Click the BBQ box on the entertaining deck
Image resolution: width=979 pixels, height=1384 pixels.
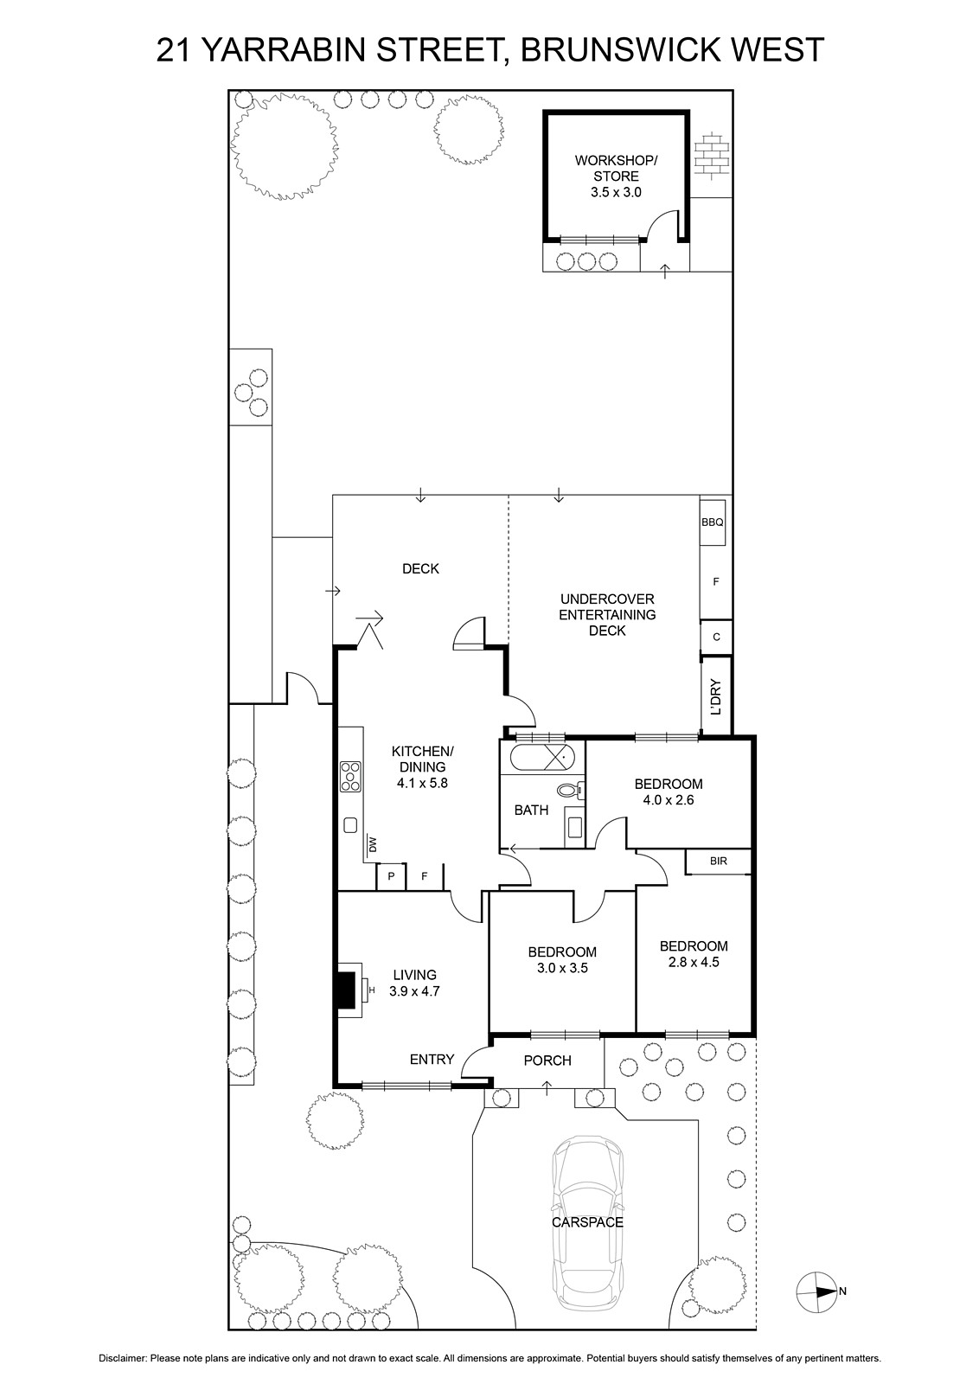tap(712, 522)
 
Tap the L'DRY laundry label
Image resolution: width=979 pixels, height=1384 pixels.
tap(716, 697)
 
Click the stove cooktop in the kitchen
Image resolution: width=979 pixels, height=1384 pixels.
tap(350, 777)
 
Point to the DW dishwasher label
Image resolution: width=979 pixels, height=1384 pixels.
tap(372, 844)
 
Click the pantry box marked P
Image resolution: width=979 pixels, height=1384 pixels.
tap(391, 876)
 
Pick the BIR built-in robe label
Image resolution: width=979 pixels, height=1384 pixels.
tap(719, 861)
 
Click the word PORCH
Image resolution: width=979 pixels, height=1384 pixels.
tap(547, 1060)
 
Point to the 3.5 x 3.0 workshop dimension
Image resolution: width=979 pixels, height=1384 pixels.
tap(616, 192)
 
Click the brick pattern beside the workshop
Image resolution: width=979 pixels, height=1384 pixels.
tap(712, 157)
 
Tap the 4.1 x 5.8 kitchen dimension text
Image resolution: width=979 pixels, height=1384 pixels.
tap(423, 783)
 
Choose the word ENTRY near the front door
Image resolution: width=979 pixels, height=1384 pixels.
tap(432, 1059)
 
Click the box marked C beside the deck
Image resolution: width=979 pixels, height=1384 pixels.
tap(716, 637)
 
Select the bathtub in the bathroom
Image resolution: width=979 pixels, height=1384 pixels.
tap(544, 757)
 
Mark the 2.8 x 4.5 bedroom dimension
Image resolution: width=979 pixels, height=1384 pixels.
tap(694, 962)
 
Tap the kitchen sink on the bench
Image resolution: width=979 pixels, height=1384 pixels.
tap(351, 825)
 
